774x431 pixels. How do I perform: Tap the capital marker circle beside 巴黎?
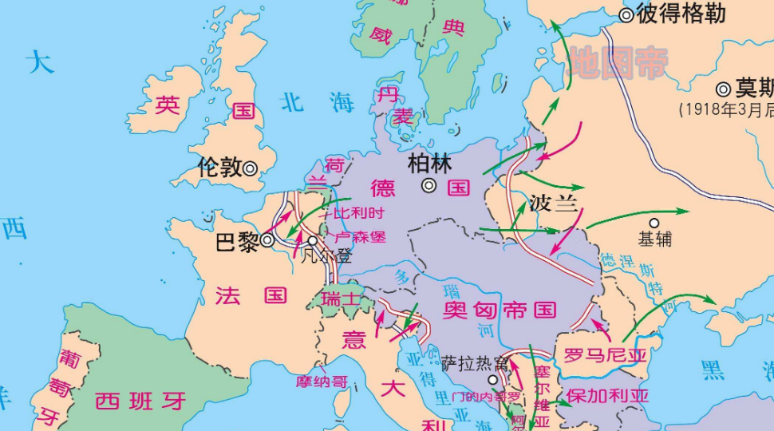267,239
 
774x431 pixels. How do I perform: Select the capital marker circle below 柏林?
429,186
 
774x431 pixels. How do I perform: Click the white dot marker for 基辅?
654,223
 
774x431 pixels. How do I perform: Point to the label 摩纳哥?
322,382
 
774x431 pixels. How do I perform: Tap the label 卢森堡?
360,237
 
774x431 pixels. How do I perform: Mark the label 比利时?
358,213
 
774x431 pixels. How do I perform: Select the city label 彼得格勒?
681,14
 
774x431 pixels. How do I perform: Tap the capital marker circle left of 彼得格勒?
626,14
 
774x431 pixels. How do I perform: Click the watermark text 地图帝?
616,64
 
